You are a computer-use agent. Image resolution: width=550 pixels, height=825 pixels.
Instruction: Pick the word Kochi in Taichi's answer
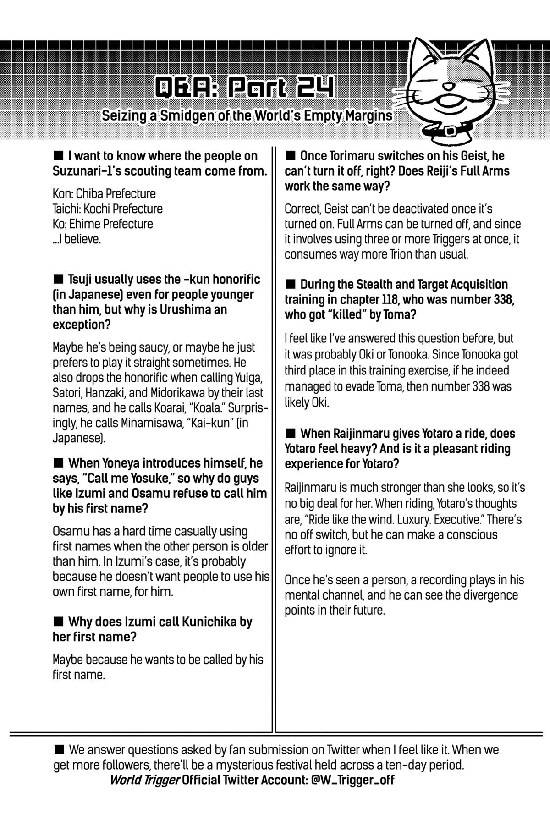(96, 209)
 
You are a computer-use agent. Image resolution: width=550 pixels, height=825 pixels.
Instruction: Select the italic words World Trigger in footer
(144, 780)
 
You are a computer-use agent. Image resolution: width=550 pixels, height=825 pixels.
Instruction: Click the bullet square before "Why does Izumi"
(58, 621)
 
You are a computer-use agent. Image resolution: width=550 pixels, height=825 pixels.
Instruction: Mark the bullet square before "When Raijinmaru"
(290, 433)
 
